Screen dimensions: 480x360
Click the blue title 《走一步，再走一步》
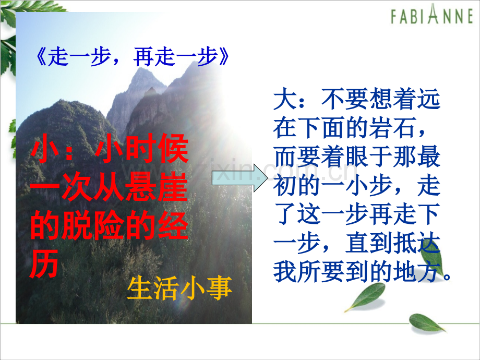pyautogui.click(x=132, y=57)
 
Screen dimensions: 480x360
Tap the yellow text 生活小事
pyautogui.click(x=179, y=288)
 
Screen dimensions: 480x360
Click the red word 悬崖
pyautogui.click(x=157, y=187)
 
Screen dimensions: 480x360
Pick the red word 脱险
pyautogui.click(x=94, y=225)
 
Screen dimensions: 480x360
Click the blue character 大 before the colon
pyautogui.click(x=285, y=100)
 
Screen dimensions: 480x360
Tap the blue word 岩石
pyautogui.click(x=392, y=128)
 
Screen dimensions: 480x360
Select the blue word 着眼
pyautogui.click(x=345, y=157)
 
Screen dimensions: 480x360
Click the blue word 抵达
pyautogui.click(x=417, y=243)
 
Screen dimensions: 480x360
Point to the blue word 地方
pyautogui.click(x=417, y=272)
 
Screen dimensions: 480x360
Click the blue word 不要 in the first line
pyautogui.click(x=345, y=100)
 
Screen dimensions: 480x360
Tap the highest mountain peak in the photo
pyautogui.click(x=141, y=69)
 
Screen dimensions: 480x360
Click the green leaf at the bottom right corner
pyautogui.click(x=427, y=323)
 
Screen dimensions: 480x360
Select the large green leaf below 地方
pyautogui.click(x=366, y=297)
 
